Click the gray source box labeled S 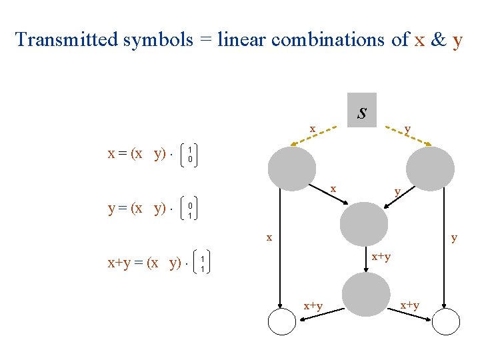tap(361, 110)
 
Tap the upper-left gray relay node tap(291, 169)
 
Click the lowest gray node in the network tap(365, 294)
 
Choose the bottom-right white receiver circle tap(446, 323)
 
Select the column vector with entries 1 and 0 tap(190, 155)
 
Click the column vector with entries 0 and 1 tap(190, 211)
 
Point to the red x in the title tap(419, 39)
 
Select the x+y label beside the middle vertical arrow tap(381, 256)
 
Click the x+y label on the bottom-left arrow tap(313, 305)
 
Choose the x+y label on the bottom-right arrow tap(409, 305)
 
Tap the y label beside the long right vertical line tap(454, 237)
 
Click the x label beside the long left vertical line tap(269, 237)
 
